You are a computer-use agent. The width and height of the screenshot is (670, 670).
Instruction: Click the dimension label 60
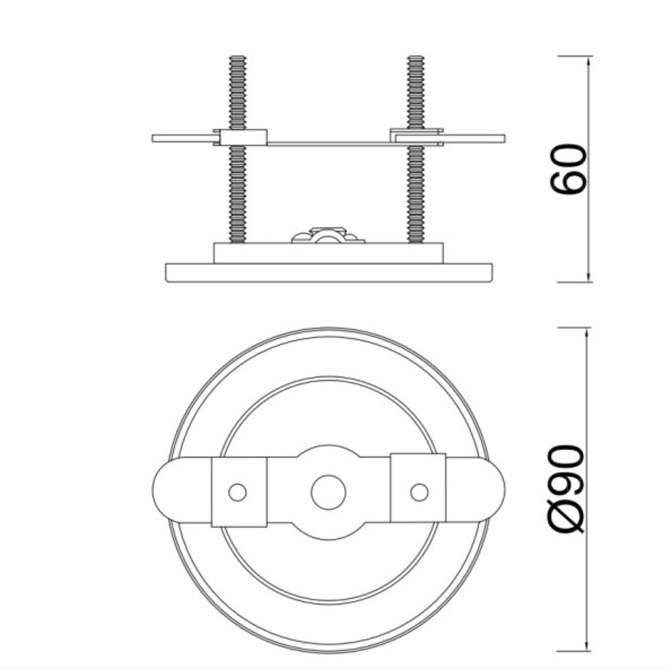click(568, 170)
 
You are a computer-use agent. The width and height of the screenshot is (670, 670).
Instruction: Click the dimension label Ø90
click(566, 489)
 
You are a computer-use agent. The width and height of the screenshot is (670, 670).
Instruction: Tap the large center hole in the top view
click(328, 492)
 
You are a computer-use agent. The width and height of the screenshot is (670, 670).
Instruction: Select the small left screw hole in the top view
click(238, 492)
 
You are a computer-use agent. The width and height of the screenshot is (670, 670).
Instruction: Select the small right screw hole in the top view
click(419, 492)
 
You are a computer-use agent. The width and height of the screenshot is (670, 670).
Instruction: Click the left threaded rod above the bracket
click(238, 92)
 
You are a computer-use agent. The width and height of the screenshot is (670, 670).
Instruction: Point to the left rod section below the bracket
click(238, 194)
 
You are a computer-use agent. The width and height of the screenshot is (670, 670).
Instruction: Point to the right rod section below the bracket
click(416, 194)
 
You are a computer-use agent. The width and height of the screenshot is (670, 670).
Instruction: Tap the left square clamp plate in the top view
click(239, 492)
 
